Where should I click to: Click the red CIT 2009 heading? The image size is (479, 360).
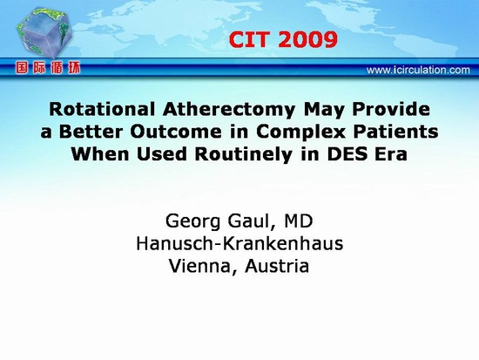pos(283,40)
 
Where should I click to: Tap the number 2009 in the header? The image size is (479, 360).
pos(308,40)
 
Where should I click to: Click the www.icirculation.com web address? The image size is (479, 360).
pos(418,70)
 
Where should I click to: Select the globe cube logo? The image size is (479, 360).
pos(44,32)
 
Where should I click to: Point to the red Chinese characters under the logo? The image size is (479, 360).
pos(48,68)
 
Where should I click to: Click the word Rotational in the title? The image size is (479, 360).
pos(102,109)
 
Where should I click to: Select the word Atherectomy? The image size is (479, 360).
pos(229,110)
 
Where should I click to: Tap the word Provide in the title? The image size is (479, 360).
pos(391,109)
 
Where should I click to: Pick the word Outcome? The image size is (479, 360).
pos(176,132)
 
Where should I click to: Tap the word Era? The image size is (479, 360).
pos(391,154)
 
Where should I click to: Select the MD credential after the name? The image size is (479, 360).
pos(299,221)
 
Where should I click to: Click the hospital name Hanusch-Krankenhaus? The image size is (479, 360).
pos(239,244)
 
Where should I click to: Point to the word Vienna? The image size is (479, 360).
pos(204,267)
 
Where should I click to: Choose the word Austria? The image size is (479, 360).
pos(277,266)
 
